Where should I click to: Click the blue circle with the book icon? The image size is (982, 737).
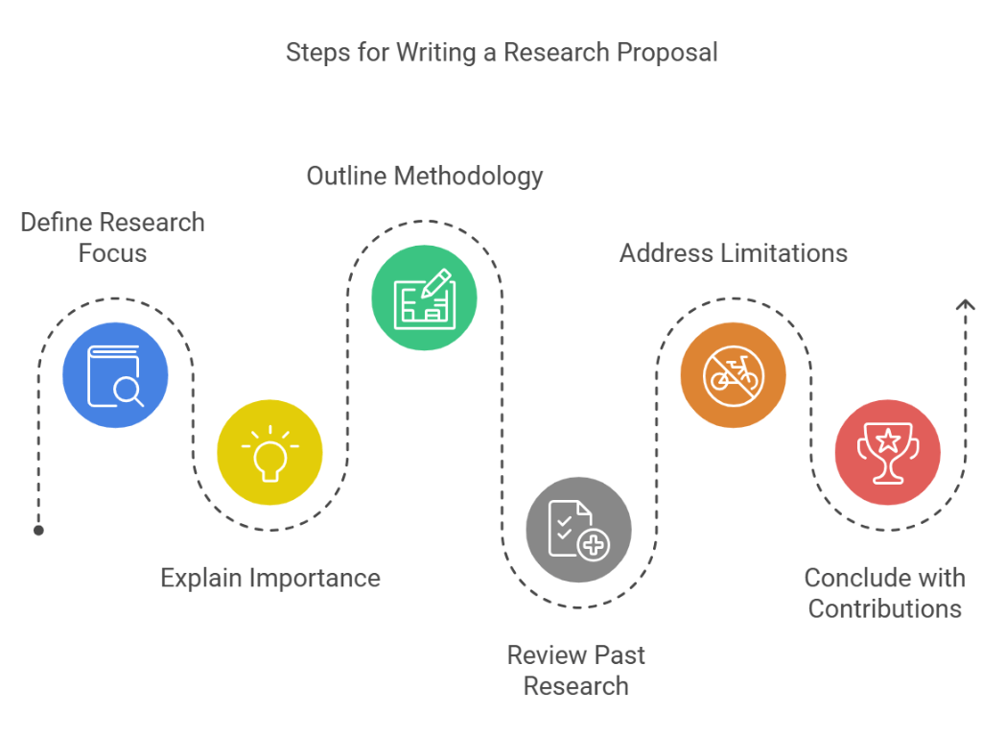[x=115, y=375]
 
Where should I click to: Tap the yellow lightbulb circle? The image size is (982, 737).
[x=269, y=452]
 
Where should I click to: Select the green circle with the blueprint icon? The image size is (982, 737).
[x=424, y=298]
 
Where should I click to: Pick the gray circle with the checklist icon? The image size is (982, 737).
[x=578, y=530]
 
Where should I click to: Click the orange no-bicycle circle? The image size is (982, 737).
[x=733, y=375]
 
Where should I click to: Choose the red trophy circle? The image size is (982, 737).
[x=887, y=452]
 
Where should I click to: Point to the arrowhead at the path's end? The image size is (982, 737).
[x=966, y=305]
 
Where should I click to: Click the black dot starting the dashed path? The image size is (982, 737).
[x=38, y=530]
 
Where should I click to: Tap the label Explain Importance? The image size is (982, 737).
[x=269, y=578]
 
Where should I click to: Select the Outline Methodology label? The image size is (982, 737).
[x=424, y=176]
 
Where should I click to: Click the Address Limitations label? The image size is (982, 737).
[x=733, y=252]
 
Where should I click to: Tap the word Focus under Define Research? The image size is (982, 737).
[x=112, y=253]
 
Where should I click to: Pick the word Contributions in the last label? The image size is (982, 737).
[x=884, y=608]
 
